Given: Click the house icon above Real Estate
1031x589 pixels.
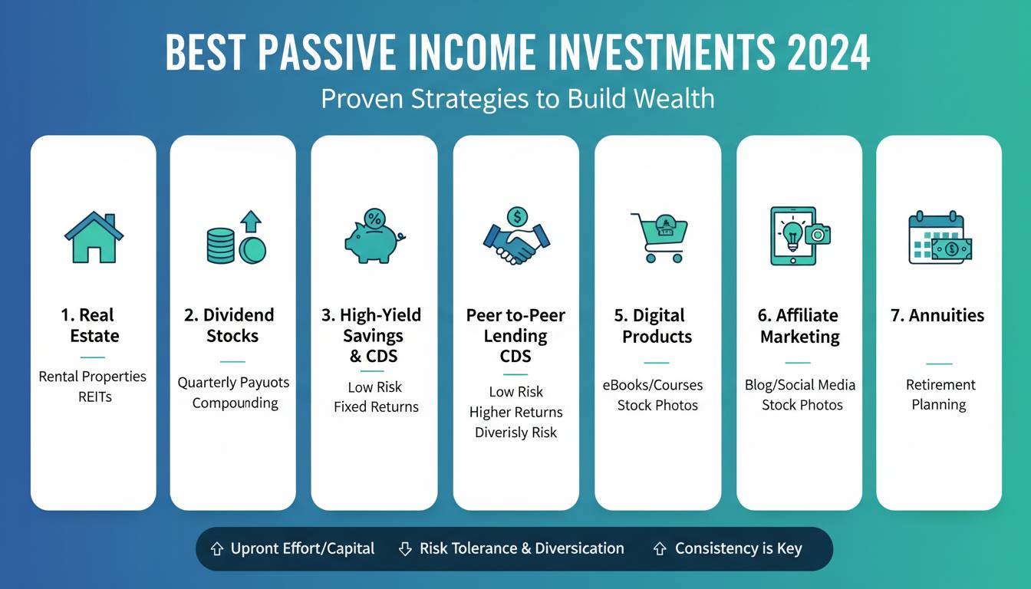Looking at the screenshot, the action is click(x=94, y=238).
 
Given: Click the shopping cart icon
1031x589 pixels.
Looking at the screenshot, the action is click(x=659, y=238).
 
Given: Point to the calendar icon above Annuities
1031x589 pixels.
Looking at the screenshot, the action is click(x=940, y=238).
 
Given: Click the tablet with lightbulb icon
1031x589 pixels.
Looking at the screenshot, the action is click(x=800, y=235).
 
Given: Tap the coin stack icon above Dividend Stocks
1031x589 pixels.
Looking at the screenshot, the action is click(x=236, y=238).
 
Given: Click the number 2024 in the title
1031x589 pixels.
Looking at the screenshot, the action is click(x=828, y=52).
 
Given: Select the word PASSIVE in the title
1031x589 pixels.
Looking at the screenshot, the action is click(x=327, y=52).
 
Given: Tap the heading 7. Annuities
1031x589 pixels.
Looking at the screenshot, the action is click(x=937, y=315).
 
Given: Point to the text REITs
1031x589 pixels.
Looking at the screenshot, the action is click(x=95, y=397).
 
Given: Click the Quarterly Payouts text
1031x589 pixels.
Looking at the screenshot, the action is click(x=233, y=383).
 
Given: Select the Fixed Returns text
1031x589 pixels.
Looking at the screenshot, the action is click(x=376, y=406).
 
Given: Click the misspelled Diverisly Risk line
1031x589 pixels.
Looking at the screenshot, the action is click(x=516, y=433).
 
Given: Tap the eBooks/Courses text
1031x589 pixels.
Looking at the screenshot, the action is click(x=653, y=385).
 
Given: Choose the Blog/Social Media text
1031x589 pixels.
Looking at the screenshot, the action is click(x=800, y=385).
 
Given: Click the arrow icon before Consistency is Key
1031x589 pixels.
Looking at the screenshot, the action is click(x=660, y=548).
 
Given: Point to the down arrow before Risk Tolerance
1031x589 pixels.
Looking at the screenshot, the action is click(x=405, y=548).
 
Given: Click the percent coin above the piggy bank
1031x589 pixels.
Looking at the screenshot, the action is click(x=374, y=218).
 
